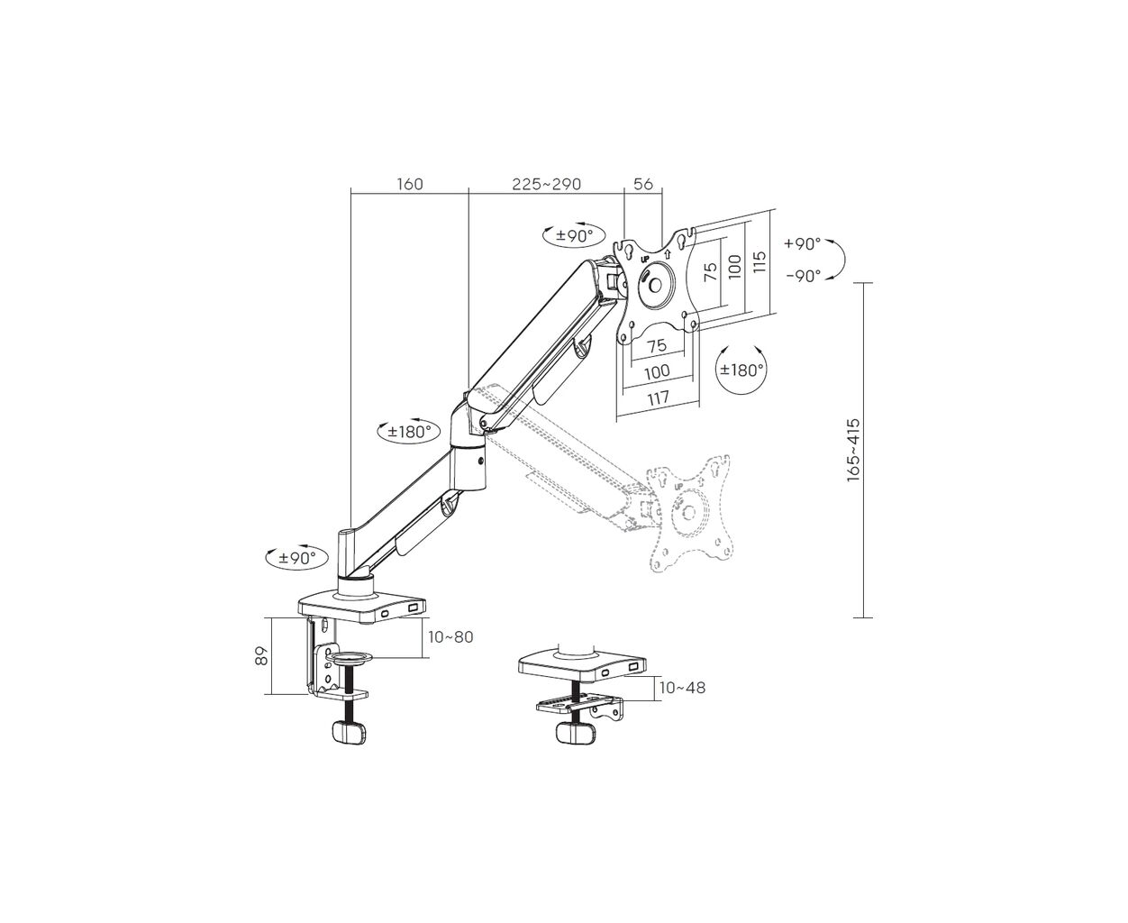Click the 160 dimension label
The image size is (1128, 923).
pyautogui.click(x=410, y=184)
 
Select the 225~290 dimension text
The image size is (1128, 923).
pyautogui.click(x=546, y=184)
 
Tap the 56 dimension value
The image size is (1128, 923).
pyautogui.click(x=643, y=184)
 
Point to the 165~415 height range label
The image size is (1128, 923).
pyautogui.click(x=853, y=450)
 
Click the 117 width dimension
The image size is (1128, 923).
pyautogui.click(x=658, y=398)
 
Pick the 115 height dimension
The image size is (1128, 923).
pyautogui.click(x=759, y=262)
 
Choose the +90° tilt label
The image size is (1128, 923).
pyautogui.click(x=802, y=244)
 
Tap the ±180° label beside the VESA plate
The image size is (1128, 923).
pyautogui.click(x=741, y=370)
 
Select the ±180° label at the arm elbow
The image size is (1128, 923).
pyautogui.click(x=409, y=432)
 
